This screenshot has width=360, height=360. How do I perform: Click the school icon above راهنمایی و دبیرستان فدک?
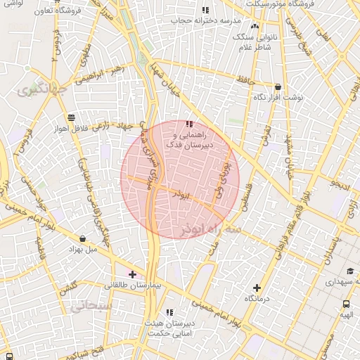[x=189, y=124]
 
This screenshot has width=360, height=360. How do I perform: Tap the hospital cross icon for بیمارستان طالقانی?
[x=132, y=274]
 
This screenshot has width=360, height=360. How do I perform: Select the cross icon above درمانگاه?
[x=257, y=288]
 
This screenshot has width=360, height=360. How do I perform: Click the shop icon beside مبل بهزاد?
[x=84, y=239]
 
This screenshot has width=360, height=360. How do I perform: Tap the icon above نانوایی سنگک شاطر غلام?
[x=255, y=27]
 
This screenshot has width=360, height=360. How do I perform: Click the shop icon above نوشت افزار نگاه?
[x=278, y=86]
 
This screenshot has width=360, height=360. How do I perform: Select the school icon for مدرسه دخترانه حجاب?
[x=205, y=10]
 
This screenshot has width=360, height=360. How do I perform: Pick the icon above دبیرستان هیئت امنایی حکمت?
[x=169, y=312]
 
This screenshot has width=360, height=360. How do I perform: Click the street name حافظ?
[x=245, y=82]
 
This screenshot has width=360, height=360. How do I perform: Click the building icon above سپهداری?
[x=349, y=271]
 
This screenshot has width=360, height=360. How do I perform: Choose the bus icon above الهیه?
[x=346, y=304]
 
